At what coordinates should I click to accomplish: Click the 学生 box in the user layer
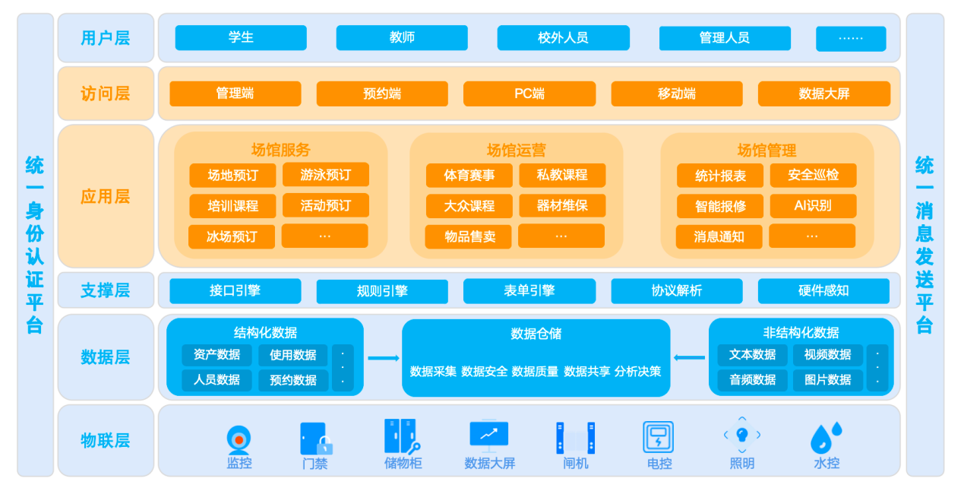coord(241,38)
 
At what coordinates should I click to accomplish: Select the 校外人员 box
coord(563,38)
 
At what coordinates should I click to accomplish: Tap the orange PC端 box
coord(529,94)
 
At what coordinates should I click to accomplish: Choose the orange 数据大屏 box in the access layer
coord(823,94)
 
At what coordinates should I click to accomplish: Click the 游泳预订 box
coord(325,175)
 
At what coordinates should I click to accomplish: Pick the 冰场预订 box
coord(232,236)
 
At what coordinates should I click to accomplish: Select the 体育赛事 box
coord(469,176)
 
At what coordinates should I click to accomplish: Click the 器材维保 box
coord(562,206)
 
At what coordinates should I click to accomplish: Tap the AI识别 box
coord(813,206)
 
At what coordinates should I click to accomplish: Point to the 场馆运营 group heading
coord(516,151)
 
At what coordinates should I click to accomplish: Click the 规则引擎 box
coord(382,291)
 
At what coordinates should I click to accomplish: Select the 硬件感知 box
coord(823,290)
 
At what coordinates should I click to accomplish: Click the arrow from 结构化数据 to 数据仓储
coord(383,358)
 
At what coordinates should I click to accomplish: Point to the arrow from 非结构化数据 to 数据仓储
coord(689,357)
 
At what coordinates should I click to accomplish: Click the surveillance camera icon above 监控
coord(239,439)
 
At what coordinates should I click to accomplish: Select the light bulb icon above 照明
coord(742,435)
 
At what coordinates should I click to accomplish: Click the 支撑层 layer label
coord(106,290)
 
